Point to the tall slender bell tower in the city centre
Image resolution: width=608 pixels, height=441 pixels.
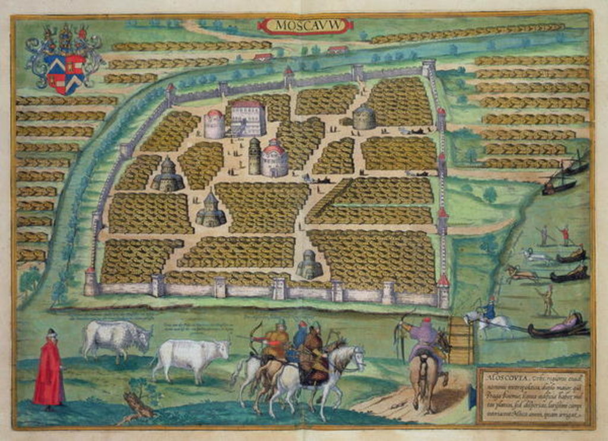tap(255, 156)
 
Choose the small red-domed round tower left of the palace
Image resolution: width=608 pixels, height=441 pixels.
tap(214, 124)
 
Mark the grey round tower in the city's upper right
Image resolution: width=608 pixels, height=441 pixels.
tap(364, 118)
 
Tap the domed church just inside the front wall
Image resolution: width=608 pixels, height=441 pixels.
tap(309, 264)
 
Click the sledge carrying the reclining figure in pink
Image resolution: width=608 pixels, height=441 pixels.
tap(558, 326)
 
